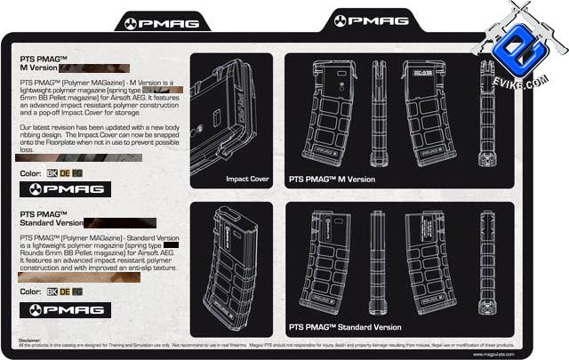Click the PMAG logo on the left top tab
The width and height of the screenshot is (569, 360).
(155, 23)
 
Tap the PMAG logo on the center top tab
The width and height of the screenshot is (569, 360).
(369, 20)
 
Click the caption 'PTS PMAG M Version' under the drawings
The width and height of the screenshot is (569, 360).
(332, 179)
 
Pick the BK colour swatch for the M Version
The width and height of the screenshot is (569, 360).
(52, 172)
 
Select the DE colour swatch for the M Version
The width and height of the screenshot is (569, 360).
(64, 172)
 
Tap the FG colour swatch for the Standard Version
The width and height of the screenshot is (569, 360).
(77, 291)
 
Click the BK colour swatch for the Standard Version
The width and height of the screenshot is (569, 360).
(52, 291)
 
